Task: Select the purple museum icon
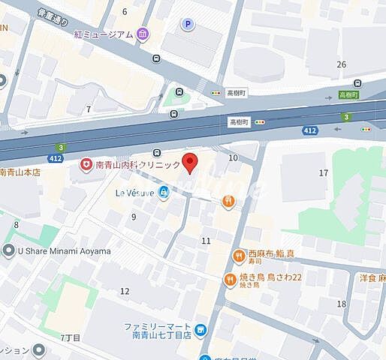[x=143, y=34]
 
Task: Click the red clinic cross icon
[x=86, y=164]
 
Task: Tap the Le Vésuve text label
[x=135, y=192]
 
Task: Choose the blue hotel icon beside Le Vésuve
[x=164, y=192]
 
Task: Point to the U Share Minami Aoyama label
[x=63, y=250]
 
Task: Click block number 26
[x=342, y=64]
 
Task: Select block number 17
[x=324, y=173]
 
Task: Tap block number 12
[x=125, y=291]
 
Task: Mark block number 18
[x=342, y=304]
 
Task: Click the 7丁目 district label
[x=70, y=338]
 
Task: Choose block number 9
[x=134, y=217]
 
